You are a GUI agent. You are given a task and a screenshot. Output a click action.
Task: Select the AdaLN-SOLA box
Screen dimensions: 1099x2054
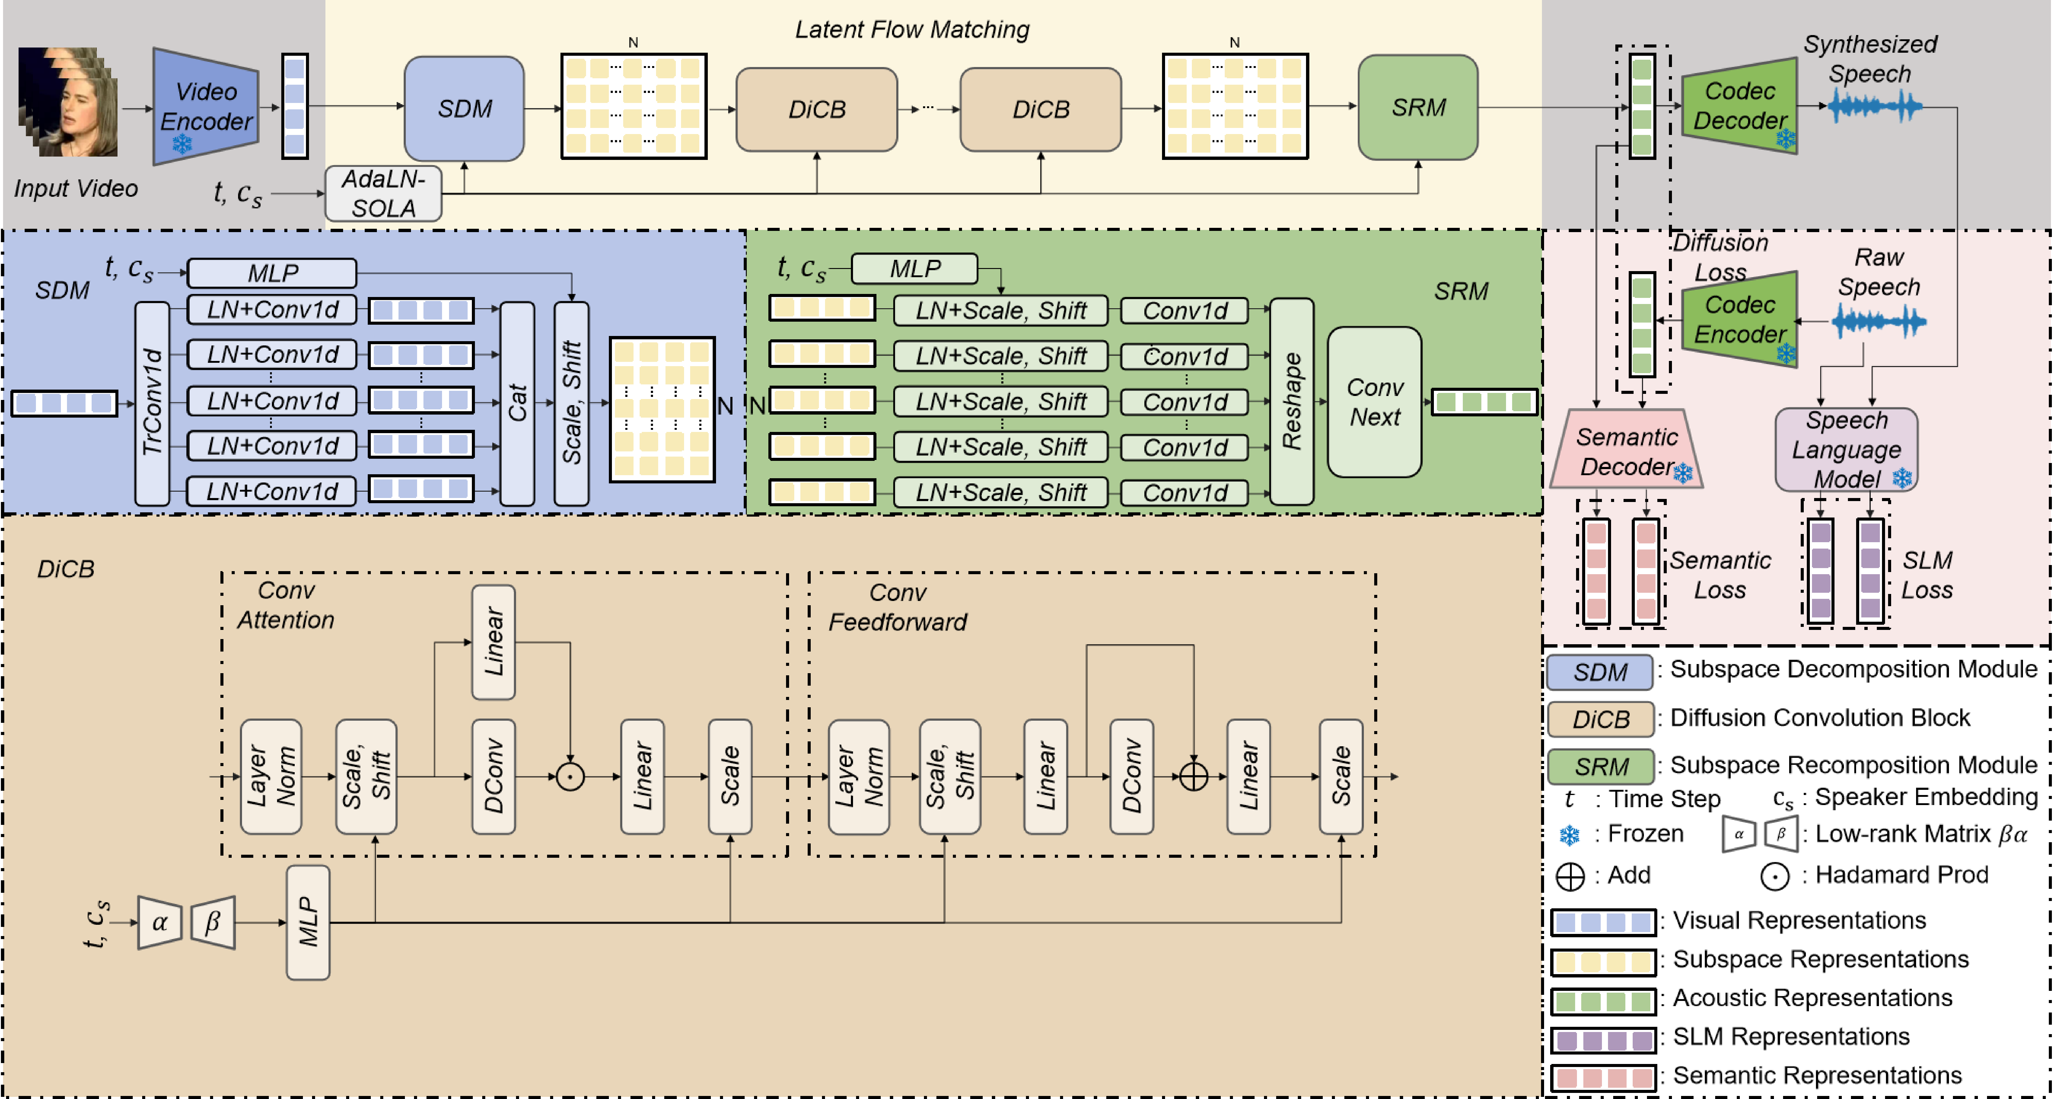(384, 193)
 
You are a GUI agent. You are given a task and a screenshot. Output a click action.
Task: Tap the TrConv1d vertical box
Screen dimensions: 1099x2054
(152, 403)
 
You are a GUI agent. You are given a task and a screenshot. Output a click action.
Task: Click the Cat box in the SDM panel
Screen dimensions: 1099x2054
(518, 403)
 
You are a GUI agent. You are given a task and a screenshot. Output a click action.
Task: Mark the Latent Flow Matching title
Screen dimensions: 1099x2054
(912, 30)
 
